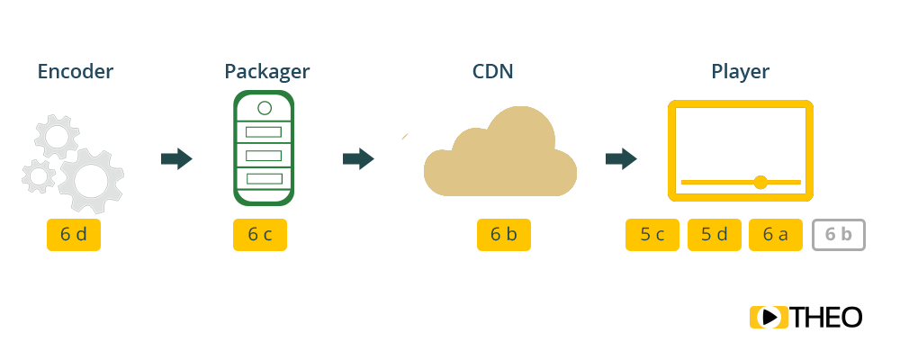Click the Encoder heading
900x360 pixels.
(76, 71)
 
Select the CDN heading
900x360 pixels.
(493, 71)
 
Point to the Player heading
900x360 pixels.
(741, 71)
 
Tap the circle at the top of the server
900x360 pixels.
(264, 108)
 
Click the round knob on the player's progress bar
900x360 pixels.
(760, 183)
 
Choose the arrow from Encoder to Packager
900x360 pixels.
(176, 159)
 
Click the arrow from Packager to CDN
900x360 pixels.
(358, 159)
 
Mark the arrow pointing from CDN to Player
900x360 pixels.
(621, 159)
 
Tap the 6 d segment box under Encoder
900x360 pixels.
(74, 235)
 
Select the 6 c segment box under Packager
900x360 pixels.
(260, 235)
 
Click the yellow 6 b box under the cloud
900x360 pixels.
(504, 235)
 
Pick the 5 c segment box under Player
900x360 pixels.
(652, 235)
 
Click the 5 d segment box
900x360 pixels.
(715, 235)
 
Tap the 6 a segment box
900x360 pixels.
(776, 235)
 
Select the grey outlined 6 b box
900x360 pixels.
(839, 235)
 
